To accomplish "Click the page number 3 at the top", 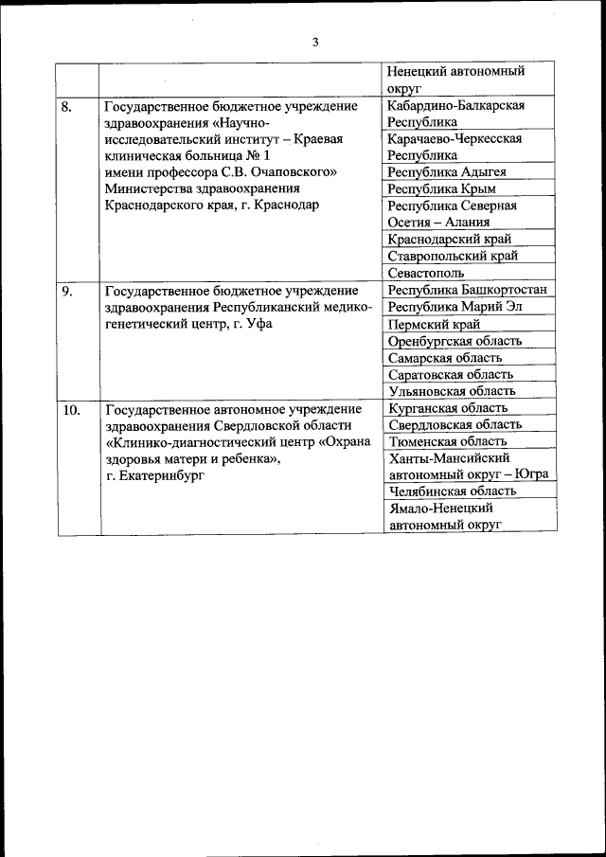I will pyautogui.click(x=315, y=41).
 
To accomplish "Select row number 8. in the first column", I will pyautogui.click(x=67, y=106).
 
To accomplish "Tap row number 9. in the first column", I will pyautogui.click(x=67, y=291).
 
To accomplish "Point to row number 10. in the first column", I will pyautogui.click(x=70, y=410).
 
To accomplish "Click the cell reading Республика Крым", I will pyautogui.click(x=441, y=188).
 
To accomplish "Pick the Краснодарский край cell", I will pyautogui.click(x=453, y=239).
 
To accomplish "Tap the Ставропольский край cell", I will pyautogui.click(x=453, y=256).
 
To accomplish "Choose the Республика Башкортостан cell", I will pyautogui.click(x=468, y=290).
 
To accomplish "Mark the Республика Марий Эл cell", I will pyautogui.click(x=454, y=307).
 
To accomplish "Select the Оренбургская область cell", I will pyautogui.click(x=455, y=341).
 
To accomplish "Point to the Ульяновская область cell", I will pyautogui.click(x=452, y=390).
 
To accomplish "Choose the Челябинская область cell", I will pyautogui.click(x=453, y=491).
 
